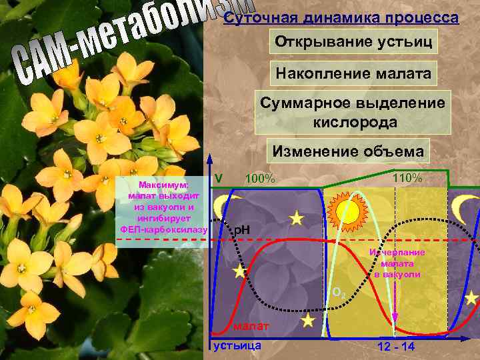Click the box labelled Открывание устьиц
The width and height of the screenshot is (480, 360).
[353, 42]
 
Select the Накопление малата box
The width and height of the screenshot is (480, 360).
[353, 73]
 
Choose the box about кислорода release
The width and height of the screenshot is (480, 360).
[353, 113]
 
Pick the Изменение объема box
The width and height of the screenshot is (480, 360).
[347, 151]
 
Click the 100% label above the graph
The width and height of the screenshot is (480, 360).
[260, 179]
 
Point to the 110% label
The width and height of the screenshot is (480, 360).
[407, 178]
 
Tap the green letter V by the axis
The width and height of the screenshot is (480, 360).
[218, 179]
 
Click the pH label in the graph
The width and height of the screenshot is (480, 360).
[241, 230]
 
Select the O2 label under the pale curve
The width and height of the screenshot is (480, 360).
[338, 292]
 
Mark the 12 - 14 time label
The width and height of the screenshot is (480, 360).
[395, 347]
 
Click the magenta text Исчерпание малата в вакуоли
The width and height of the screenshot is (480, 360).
[397, 263]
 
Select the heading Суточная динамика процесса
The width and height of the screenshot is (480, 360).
[341, 18]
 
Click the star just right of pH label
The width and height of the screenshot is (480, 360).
[296, 219]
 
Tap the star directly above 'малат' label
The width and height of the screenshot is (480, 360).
[307, 321]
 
